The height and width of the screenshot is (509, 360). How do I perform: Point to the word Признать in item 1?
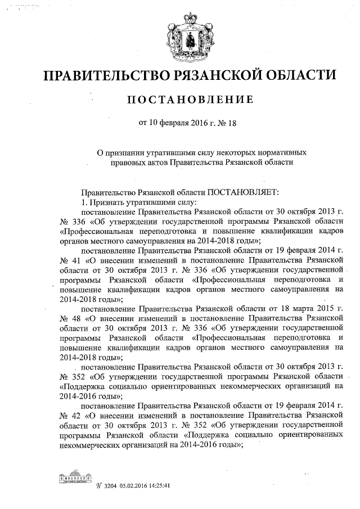106,202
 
